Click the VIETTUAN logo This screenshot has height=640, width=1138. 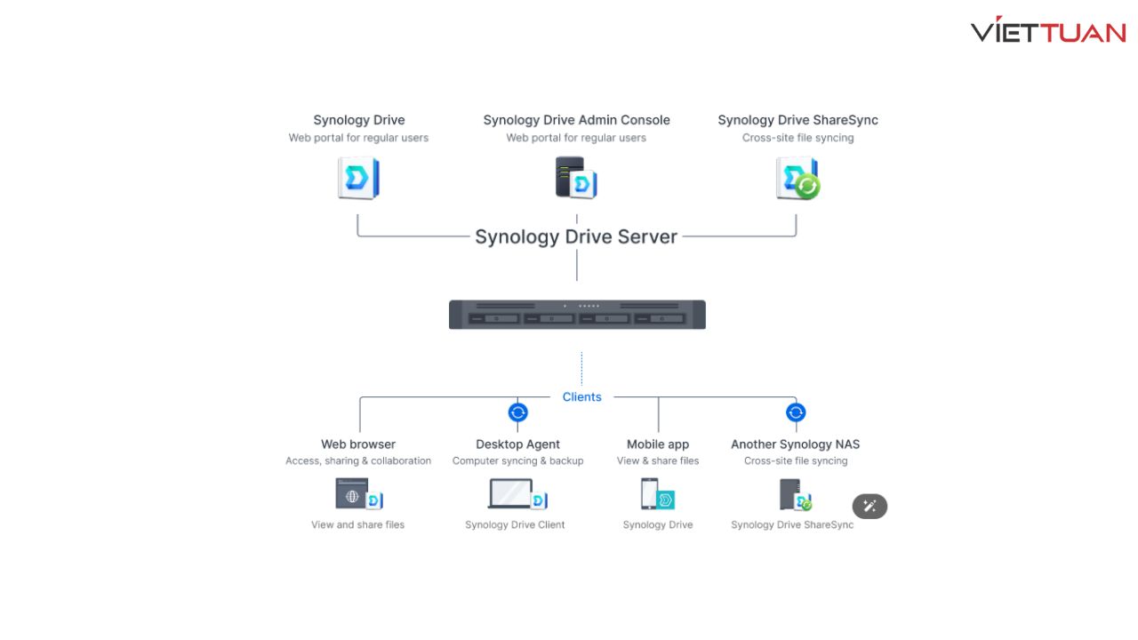tap(1048, 29)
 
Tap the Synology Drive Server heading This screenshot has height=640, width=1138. tap(576, 236)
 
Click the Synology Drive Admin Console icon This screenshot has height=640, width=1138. tap(576, 177)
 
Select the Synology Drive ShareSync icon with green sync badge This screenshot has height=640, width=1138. tap(797, 178)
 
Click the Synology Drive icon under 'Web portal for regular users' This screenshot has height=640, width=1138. tap(358, 178)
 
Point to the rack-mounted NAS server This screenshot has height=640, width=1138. tap(577, 315)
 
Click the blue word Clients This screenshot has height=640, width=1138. tap(581, 396)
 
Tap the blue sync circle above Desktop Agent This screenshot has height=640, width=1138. tap(517, 412)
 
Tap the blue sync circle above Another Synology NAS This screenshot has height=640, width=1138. tap(796, 412)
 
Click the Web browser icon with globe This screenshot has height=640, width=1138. tap(358, 493)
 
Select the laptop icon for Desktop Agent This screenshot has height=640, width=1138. tap(517, 493)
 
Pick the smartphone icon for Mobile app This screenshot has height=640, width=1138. tap(657, 493)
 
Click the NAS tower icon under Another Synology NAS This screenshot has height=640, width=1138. tap(796, 494)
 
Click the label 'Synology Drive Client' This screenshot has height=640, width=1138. tap(515, 524)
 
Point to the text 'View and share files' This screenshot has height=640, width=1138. tap(357, 524)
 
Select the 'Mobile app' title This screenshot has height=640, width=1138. tap(658, 444)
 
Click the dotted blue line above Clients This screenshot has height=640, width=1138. tap(581, 368)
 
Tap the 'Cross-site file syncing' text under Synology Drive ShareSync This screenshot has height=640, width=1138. tap(797, 138)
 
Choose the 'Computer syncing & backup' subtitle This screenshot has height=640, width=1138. tap(517, 460)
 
